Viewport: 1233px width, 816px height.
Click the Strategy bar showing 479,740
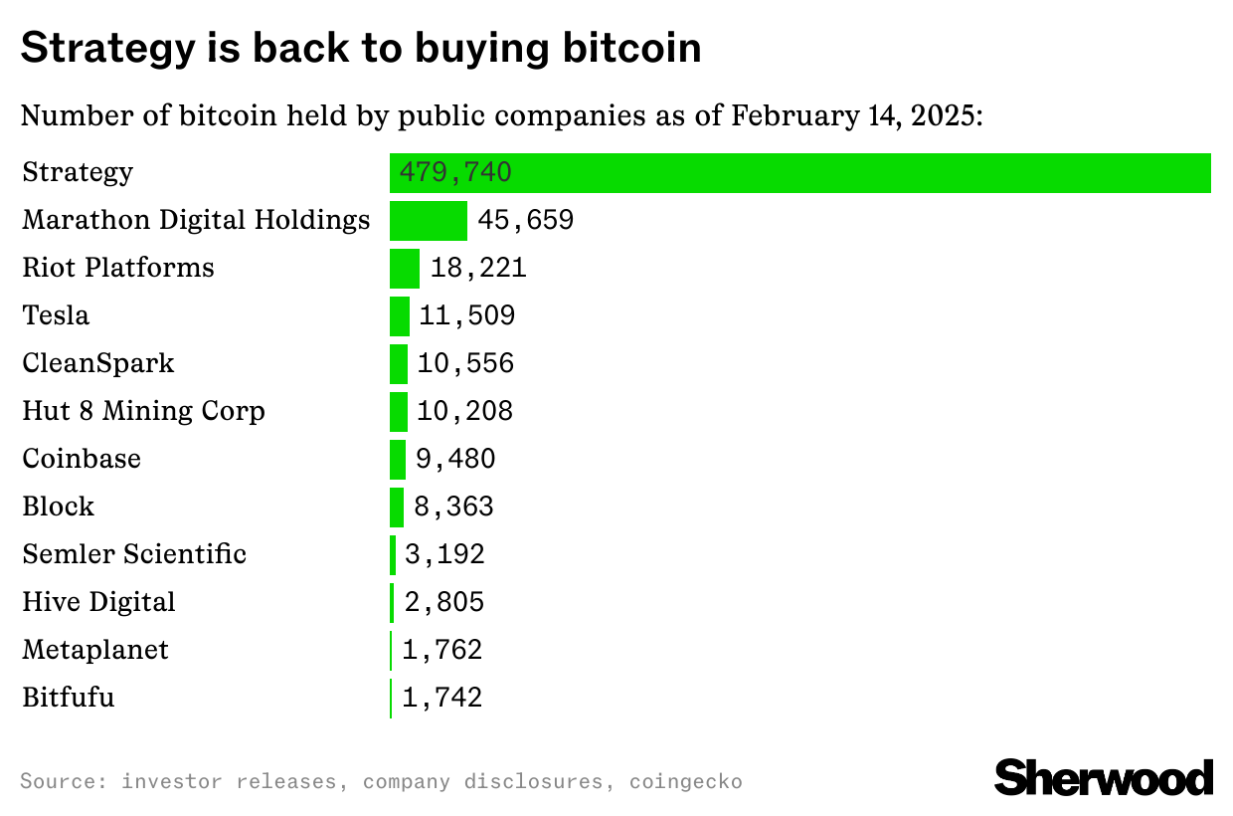click(799, 173)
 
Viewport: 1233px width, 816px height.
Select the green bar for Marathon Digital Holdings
click(428, 220)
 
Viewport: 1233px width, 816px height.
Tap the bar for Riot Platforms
click(405, 268)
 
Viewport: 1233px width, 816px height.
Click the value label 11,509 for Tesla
click(466, 315)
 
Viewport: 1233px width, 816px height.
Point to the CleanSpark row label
click(98, 363)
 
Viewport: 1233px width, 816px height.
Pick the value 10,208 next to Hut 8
click(464, 411)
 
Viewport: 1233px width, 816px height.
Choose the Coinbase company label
click(82, 459)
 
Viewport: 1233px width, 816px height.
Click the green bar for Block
click(397, 507)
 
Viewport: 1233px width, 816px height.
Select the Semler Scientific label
click(134, 554)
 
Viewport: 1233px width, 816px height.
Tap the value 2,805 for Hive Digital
click(443, 602)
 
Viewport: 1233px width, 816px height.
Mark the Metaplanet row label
click(95, 650)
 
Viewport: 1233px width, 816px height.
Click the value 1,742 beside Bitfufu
click(442, 698)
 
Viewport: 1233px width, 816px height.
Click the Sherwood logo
click(1104, 777)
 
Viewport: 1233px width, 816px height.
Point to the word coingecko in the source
click(685, 781)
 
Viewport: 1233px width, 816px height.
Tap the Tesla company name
click(56, 315)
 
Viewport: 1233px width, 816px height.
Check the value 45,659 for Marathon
click(525, 220)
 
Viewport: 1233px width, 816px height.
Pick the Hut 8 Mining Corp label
click(143, 411)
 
